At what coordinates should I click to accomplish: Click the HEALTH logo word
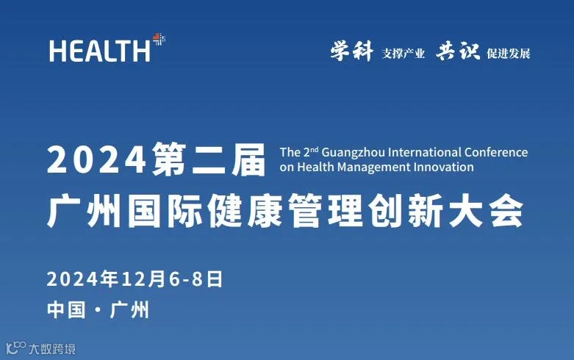click(99, 51)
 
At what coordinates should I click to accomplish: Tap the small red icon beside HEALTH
click(158, 38)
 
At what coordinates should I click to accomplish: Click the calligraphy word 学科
click(351, 51)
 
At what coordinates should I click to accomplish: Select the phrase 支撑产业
click(403, 54)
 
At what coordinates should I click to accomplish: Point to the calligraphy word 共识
click(457, 51)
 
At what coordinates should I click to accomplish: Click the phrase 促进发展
click(508, 54)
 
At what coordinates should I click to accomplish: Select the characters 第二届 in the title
click(209, 159)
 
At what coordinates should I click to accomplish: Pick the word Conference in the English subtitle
click(496, 153)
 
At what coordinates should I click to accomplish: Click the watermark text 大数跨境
click(52, 349)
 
